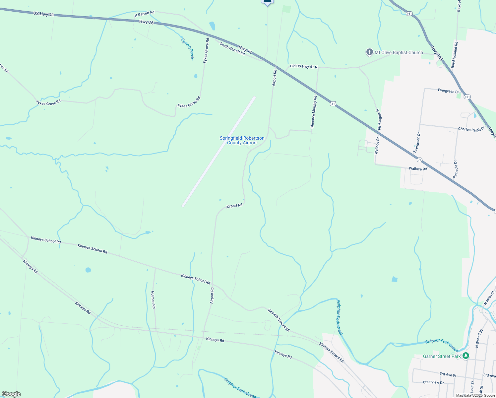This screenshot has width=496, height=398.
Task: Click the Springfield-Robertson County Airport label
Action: click(242, 140)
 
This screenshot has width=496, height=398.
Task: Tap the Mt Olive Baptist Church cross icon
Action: click(369, 52)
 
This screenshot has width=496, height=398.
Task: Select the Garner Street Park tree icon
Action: click(466, 356)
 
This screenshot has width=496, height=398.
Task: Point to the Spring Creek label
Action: click(187, 49)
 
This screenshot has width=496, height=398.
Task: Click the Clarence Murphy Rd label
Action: click(313, 112)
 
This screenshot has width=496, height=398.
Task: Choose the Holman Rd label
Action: click(153, 299)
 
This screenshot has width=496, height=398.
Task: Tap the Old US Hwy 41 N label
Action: click(303, 67)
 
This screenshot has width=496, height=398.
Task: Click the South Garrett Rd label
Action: click(232, 49)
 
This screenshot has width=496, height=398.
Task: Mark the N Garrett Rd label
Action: click(145, 14)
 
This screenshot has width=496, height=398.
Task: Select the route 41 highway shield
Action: click(333, 104)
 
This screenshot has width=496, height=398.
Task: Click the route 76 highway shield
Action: click(420, 160)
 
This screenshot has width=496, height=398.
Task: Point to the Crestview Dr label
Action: click(433, 382)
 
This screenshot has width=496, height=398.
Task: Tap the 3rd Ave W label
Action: click(448, 375)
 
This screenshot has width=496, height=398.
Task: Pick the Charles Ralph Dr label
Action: click(471, 129)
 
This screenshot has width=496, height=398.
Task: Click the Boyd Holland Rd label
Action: click(455, 55)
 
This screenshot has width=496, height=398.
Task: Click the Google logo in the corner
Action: click(11, 394)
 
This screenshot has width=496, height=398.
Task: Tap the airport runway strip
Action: click(219, 151)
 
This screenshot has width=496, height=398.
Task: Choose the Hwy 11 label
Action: click(245, 50)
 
